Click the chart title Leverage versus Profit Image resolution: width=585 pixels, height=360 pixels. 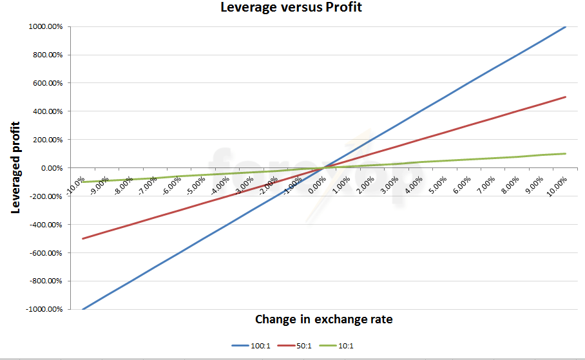click(x=292, y=8)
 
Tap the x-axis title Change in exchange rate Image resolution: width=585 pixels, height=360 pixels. click(x=323, y=319)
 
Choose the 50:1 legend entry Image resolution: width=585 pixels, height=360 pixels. click(x=294, y=346)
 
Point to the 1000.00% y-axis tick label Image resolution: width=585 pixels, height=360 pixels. click(x=45, y=26)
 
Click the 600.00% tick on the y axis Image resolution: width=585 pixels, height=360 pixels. click(x=47, y=83)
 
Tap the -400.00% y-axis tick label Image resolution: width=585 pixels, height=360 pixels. click(x=46, y=225)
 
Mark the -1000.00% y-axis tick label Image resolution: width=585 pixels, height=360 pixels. click(x=44, y=310)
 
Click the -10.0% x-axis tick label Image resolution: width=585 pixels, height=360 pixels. click(x=75, y=184)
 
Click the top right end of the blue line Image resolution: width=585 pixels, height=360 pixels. click(x=566, y=26)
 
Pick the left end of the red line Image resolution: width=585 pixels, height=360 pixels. click(x=82, y=239)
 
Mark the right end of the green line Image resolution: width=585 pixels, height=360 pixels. click(x=566, y=153)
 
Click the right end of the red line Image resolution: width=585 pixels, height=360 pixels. click(x=566, y=97)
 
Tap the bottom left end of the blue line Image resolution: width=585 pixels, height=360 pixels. click(x=82, y=310)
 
